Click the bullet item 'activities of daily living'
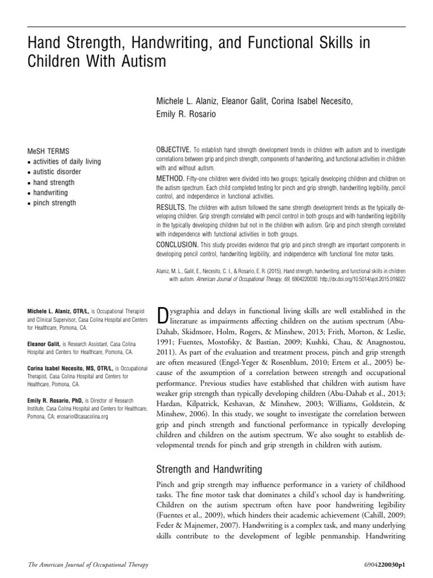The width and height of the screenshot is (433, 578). (67, 161)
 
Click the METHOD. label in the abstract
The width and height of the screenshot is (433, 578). (170, 178)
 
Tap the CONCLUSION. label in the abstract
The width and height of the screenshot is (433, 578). (178, 244)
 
